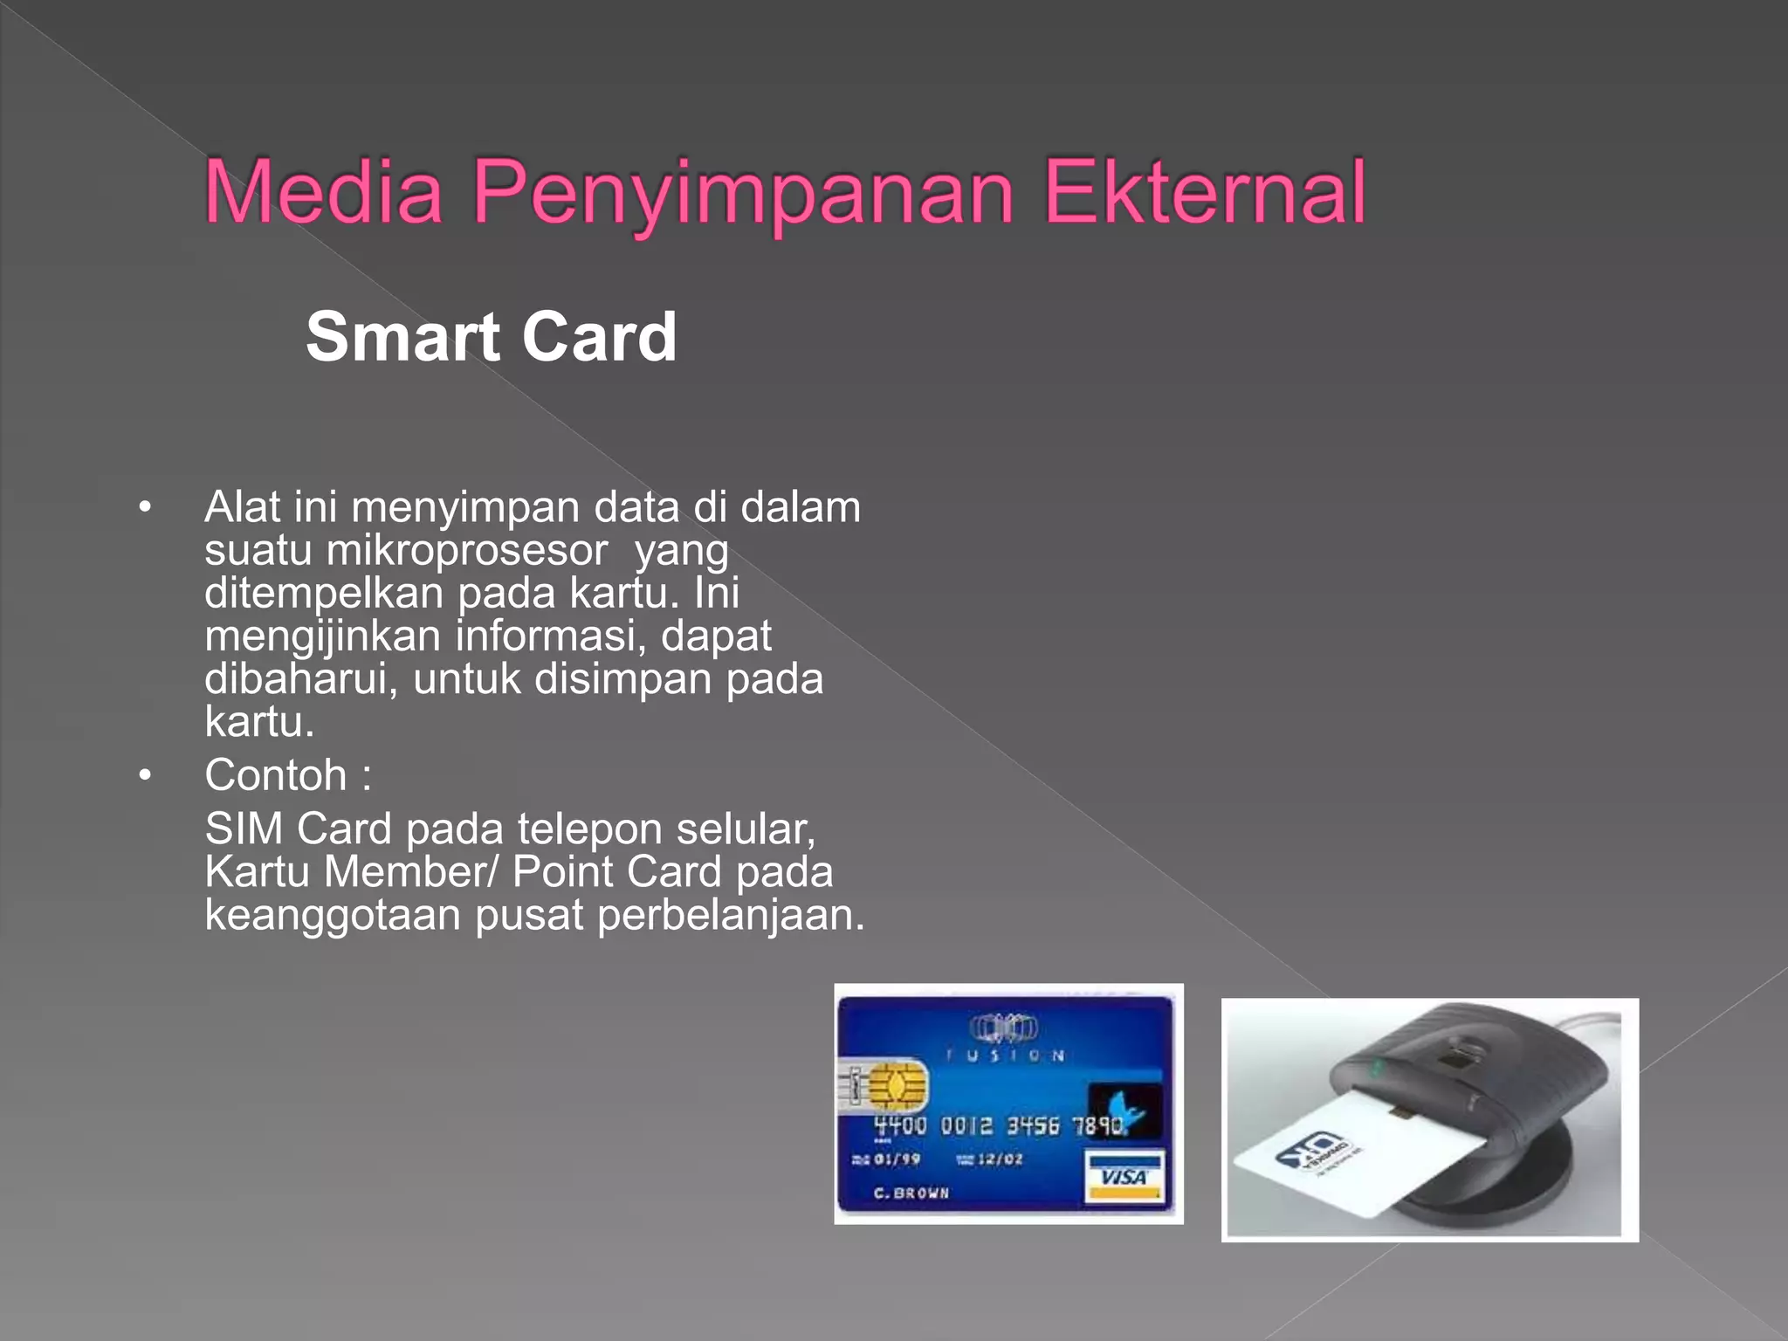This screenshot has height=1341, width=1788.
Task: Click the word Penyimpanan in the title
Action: tap(742, 192)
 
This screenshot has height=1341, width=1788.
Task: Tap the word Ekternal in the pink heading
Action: tap(1205, 192)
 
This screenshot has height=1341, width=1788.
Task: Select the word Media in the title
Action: tap(324, 192)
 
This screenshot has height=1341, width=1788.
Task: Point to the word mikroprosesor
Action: tap(466, 551)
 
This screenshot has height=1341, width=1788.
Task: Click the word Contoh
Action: tap(276, 775)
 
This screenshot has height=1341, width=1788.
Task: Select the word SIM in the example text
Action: tap(244, 829)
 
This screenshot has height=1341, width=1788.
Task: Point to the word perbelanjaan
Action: tap(730, 915)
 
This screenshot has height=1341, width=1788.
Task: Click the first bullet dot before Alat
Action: tap(145, 507)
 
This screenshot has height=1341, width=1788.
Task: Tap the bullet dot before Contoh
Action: tap(145, 775)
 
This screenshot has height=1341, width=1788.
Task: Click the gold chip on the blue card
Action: tap(891, 1085)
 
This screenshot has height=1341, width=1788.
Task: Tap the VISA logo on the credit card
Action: tap(1124, 1177)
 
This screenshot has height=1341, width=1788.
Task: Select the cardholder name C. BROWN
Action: tap(911, 1193)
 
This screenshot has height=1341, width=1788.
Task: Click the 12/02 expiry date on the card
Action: tap(1000, 1159)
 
